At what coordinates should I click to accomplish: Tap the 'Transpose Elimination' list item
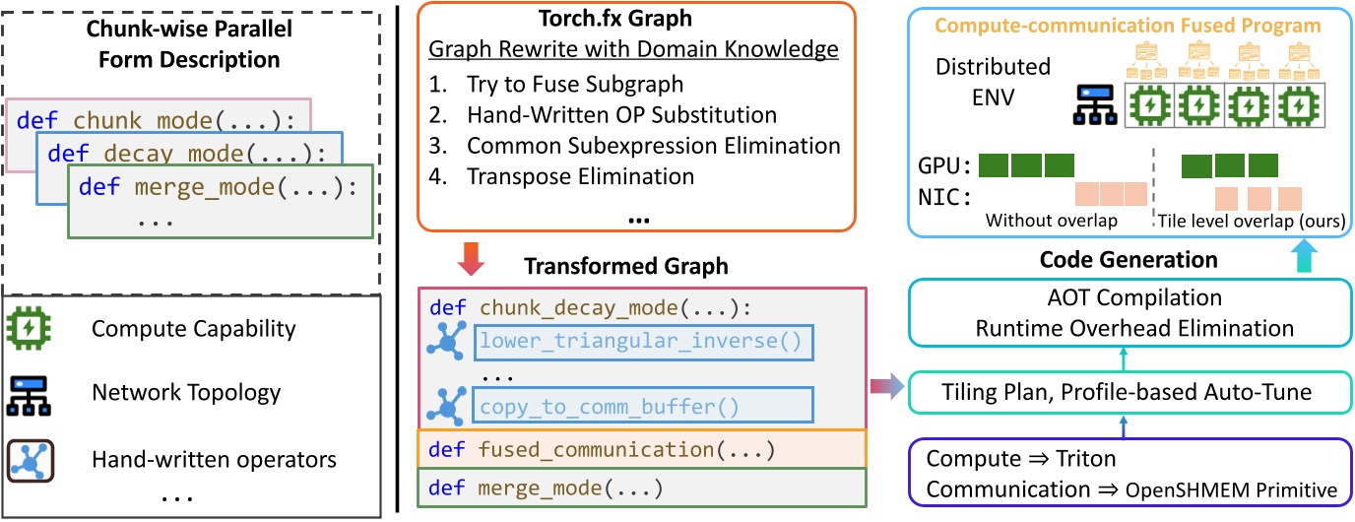(x=581, y=177)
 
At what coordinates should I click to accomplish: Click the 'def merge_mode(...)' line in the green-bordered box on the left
(x=218, y=187)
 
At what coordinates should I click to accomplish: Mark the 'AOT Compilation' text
(x=1114, y=297)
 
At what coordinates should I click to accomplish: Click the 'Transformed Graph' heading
(x=624, y=267)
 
